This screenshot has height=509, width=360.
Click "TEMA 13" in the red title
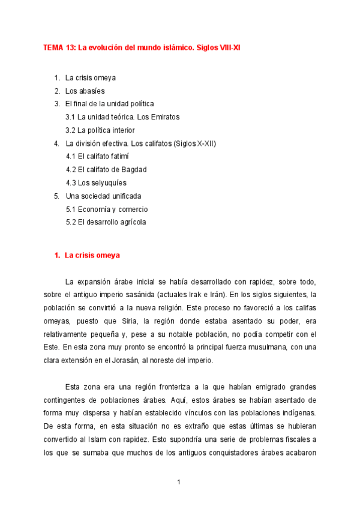(x=59, y=47)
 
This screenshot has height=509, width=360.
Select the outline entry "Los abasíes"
(x=85, y=91)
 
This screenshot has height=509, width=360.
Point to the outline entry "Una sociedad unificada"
(x=103, y=196)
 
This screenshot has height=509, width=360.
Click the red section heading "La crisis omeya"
(x=92, y=255)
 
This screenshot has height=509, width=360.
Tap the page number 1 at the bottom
(x=179, y=482)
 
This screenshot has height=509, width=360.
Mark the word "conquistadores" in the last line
(x=230, y=453)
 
